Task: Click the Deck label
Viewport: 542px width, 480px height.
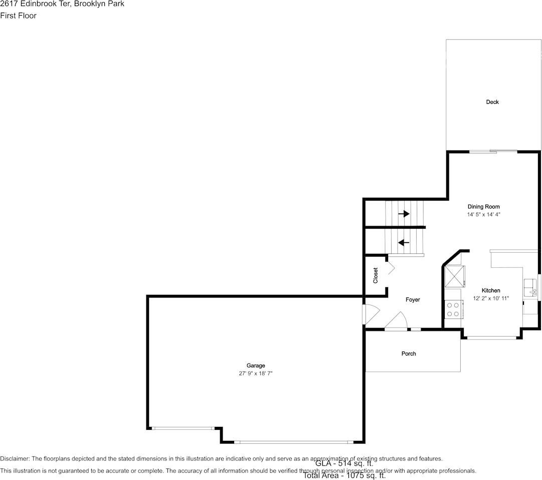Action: point(492,102)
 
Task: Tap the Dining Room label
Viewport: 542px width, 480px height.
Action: point(483,207)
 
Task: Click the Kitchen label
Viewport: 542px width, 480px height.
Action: point(491,290)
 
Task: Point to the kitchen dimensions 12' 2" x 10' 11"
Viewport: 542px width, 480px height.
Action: point(491,298)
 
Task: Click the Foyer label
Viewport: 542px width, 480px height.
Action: point(413,300)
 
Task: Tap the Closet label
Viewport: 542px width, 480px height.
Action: point(376,275)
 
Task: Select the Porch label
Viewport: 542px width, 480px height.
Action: point(409,354)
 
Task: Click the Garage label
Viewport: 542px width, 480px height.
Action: point(256,366)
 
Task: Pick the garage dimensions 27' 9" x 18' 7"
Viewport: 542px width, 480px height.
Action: point(256,374)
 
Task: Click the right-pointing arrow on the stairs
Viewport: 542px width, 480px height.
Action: point(404,214)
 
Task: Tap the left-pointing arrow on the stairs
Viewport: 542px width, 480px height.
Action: point(404,243)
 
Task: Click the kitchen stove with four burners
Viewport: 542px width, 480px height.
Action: point(453,309)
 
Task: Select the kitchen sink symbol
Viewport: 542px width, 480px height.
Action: point(530,287)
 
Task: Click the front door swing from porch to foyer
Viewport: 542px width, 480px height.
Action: point(397,321)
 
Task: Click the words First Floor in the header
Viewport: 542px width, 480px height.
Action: point(19,16)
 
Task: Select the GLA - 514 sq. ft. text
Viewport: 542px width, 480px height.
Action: point(344,463)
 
